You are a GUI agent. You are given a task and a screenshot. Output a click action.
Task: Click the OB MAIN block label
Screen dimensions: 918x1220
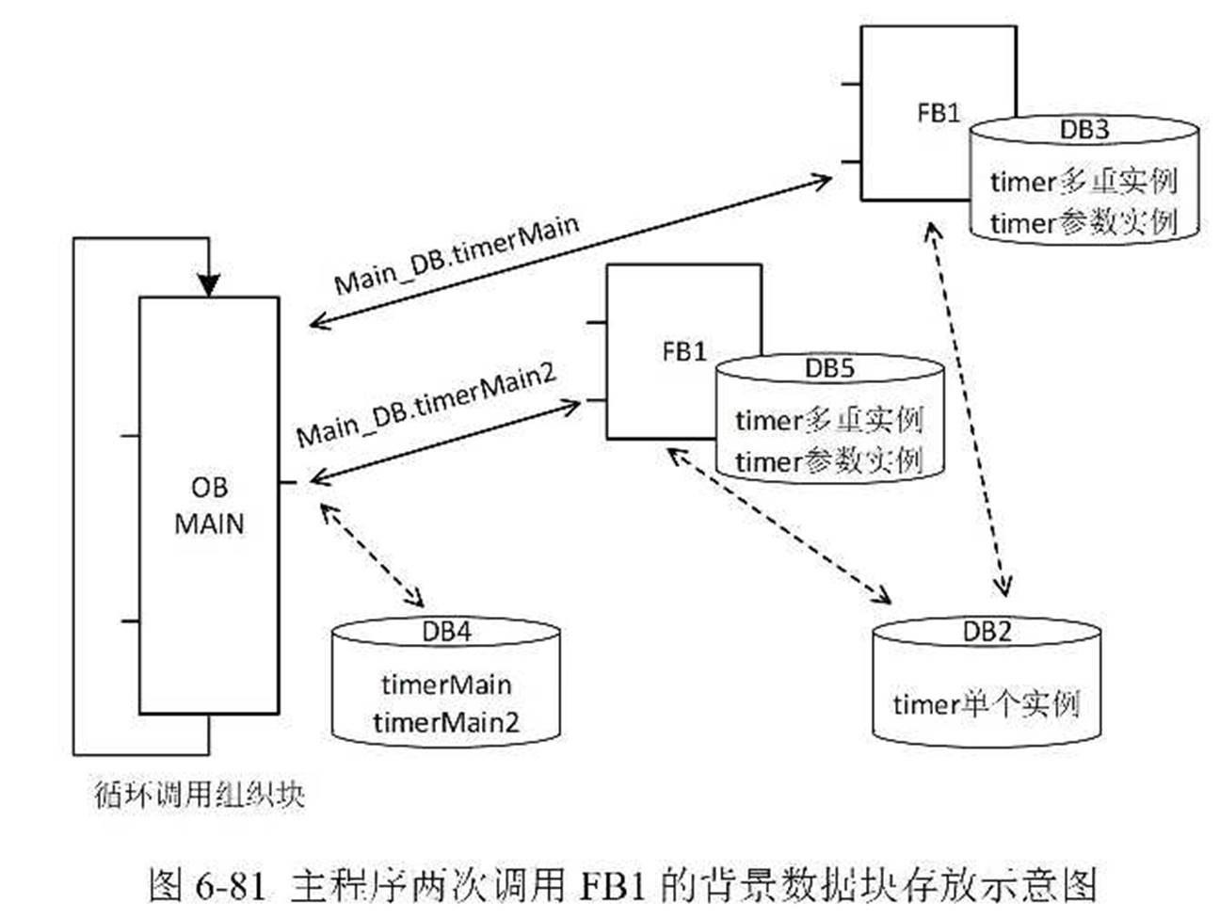[x=209, y=506]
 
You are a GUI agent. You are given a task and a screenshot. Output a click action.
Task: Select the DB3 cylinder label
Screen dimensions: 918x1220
[x=1084, y=130]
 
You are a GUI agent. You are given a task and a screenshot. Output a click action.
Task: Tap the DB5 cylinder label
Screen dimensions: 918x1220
[x=829, y=368]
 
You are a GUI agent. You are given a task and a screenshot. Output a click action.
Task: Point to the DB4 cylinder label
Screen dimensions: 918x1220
[x=446, y=632]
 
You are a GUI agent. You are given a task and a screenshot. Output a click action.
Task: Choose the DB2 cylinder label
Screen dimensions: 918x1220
[x=986, y=632]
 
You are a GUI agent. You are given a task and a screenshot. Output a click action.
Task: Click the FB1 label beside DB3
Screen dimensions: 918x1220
[x=939, y=113]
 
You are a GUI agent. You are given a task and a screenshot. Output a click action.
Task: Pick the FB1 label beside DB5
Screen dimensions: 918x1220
[x=684, y=351]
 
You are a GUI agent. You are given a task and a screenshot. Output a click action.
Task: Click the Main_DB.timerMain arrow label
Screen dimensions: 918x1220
[x=457, y=254]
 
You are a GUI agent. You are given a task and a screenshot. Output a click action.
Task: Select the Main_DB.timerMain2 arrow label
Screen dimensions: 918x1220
[x=426, y=405]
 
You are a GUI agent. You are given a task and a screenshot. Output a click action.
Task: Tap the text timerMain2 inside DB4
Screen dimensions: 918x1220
[x=446, y=723]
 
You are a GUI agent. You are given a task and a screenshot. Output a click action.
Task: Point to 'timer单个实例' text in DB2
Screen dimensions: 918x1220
[x=986, y=704]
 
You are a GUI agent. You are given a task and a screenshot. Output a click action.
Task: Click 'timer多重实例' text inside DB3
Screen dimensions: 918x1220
[x=1084, y=181]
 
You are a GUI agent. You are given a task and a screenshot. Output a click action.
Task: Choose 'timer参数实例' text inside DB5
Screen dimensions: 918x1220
[x=828, y=461]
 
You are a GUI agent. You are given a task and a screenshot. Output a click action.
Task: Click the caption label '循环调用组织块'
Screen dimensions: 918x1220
[x=200, y=794]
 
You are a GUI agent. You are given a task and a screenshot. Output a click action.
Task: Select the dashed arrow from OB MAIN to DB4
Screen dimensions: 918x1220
[x=372, y=556]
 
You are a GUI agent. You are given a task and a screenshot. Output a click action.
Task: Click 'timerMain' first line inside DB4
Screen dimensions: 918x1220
[x=446, y=684]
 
